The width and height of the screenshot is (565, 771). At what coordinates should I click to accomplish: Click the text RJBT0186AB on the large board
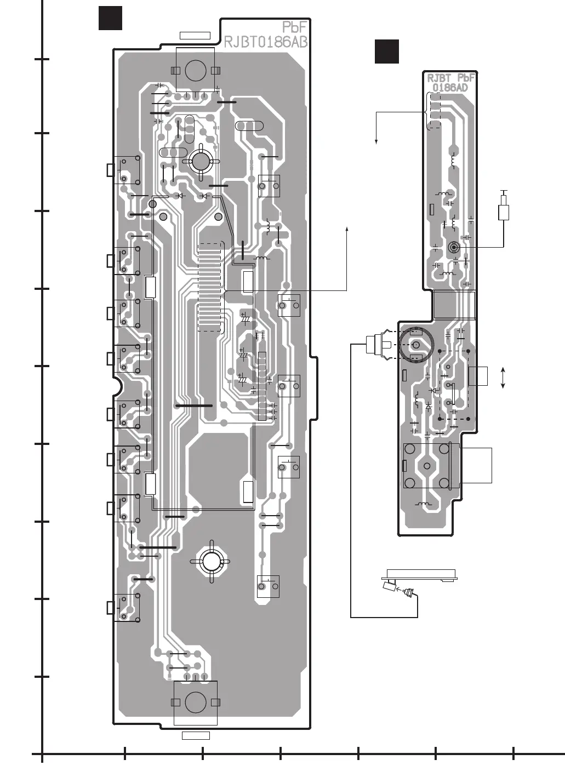(x=265, y=42)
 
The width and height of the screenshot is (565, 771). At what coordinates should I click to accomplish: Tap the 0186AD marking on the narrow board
(x=450, y=88)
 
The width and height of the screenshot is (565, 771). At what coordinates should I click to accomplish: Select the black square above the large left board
(x=110, y=18)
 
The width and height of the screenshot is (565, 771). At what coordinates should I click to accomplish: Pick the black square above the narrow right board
(x=386, y=52)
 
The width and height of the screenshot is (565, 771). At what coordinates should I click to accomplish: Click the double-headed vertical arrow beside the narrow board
(x=503, y=379)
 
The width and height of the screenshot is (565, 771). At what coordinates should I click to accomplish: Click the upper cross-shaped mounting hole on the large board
(x=200, y=161)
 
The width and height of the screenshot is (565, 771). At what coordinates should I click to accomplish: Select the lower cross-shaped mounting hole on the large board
(x=210, y=561)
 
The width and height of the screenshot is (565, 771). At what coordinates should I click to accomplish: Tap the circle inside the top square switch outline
(x=195, y=70)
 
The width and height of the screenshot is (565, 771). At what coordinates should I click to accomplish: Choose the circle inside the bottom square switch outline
(x=195, y=702)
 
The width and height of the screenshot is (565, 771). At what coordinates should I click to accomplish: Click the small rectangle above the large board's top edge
(x=195, y=36)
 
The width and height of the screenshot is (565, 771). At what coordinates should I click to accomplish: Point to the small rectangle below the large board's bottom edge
(x=196, y=735)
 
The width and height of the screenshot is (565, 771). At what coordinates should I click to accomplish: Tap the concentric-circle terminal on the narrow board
(x=453, y=247)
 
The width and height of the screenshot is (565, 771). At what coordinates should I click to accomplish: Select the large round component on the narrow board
(x=415, y=345)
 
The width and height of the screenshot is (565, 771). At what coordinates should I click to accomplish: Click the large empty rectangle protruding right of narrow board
(x=476, y=465)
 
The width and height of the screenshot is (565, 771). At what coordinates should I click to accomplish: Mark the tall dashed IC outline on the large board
(x=210, y=287)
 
